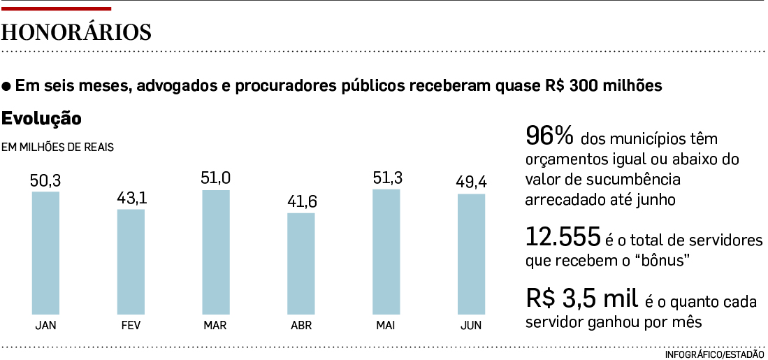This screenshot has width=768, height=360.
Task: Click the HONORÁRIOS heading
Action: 77,33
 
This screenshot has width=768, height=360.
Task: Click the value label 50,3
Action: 46,180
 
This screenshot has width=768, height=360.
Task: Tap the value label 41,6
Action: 301,202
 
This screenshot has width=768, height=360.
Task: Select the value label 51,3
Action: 386,178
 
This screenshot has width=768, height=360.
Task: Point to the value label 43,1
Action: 131,199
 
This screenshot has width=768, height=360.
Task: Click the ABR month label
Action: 301,325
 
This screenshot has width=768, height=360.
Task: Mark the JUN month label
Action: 471,325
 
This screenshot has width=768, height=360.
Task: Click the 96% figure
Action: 549,135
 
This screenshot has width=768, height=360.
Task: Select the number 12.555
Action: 563,238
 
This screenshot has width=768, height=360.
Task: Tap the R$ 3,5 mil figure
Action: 582,298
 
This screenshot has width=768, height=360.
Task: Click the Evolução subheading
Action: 42,119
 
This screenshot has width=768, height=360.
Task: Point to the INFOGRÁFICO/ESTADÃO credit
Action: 714,354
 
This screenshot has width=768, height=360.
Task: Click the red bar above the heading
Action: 56,8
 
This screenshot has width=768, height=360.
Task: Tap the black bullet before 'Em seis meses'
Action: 7,87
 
